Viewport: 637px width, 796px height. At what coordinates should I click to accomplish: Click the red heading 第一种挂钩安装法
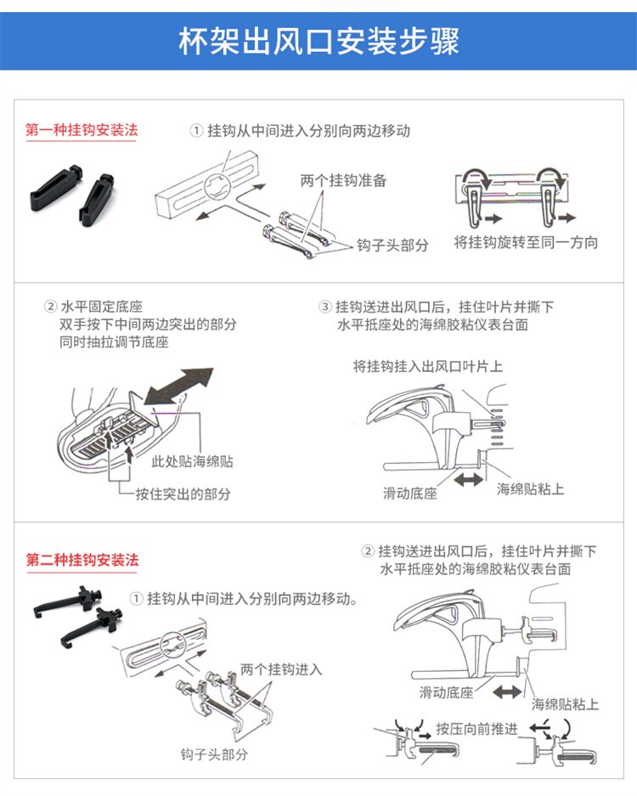[x=82, y=131]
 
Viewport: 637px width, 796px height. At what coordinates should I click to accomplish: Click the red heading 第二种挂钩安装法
[x=82, y=560]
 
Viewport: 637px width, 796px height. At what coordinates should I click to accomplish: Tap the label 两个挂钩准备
[x=343, y=180]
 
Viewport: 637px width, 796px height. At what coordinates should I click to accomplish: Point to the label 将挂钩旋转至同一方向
[x=526, y=242]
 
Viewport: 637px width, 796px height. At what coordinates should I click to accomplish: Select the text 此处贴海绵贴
[x=192, y=461]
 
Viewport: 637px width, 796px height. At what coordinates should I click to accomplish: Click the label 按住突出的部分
[x=183, y=494]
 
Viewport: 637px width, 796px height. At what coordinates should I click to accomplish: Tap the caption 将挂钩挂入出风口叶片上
[x=428, y=366]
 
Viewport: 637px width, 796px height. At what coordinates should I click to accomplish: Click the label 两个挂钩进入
[x=281, y=669]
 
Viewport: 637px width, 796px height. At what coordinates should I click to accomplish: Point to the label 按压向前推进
[x=476, y=728]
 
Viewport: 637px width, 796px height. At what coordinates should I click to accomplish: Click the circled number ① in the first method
[x=195, y=131]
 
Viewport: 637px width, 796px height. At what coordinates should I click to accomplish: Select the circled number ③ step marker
[x=324, y=307]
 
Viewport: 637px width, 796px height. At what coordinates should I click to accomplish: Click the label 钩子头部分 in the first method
[x=392, y=245]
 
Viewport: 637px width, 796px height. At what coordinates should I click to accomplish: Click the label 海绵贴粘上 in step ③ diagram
[x=530, y=488]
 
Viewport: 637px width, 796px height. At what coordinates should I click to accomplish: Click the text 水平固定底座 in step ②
[x=101, y=307]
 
